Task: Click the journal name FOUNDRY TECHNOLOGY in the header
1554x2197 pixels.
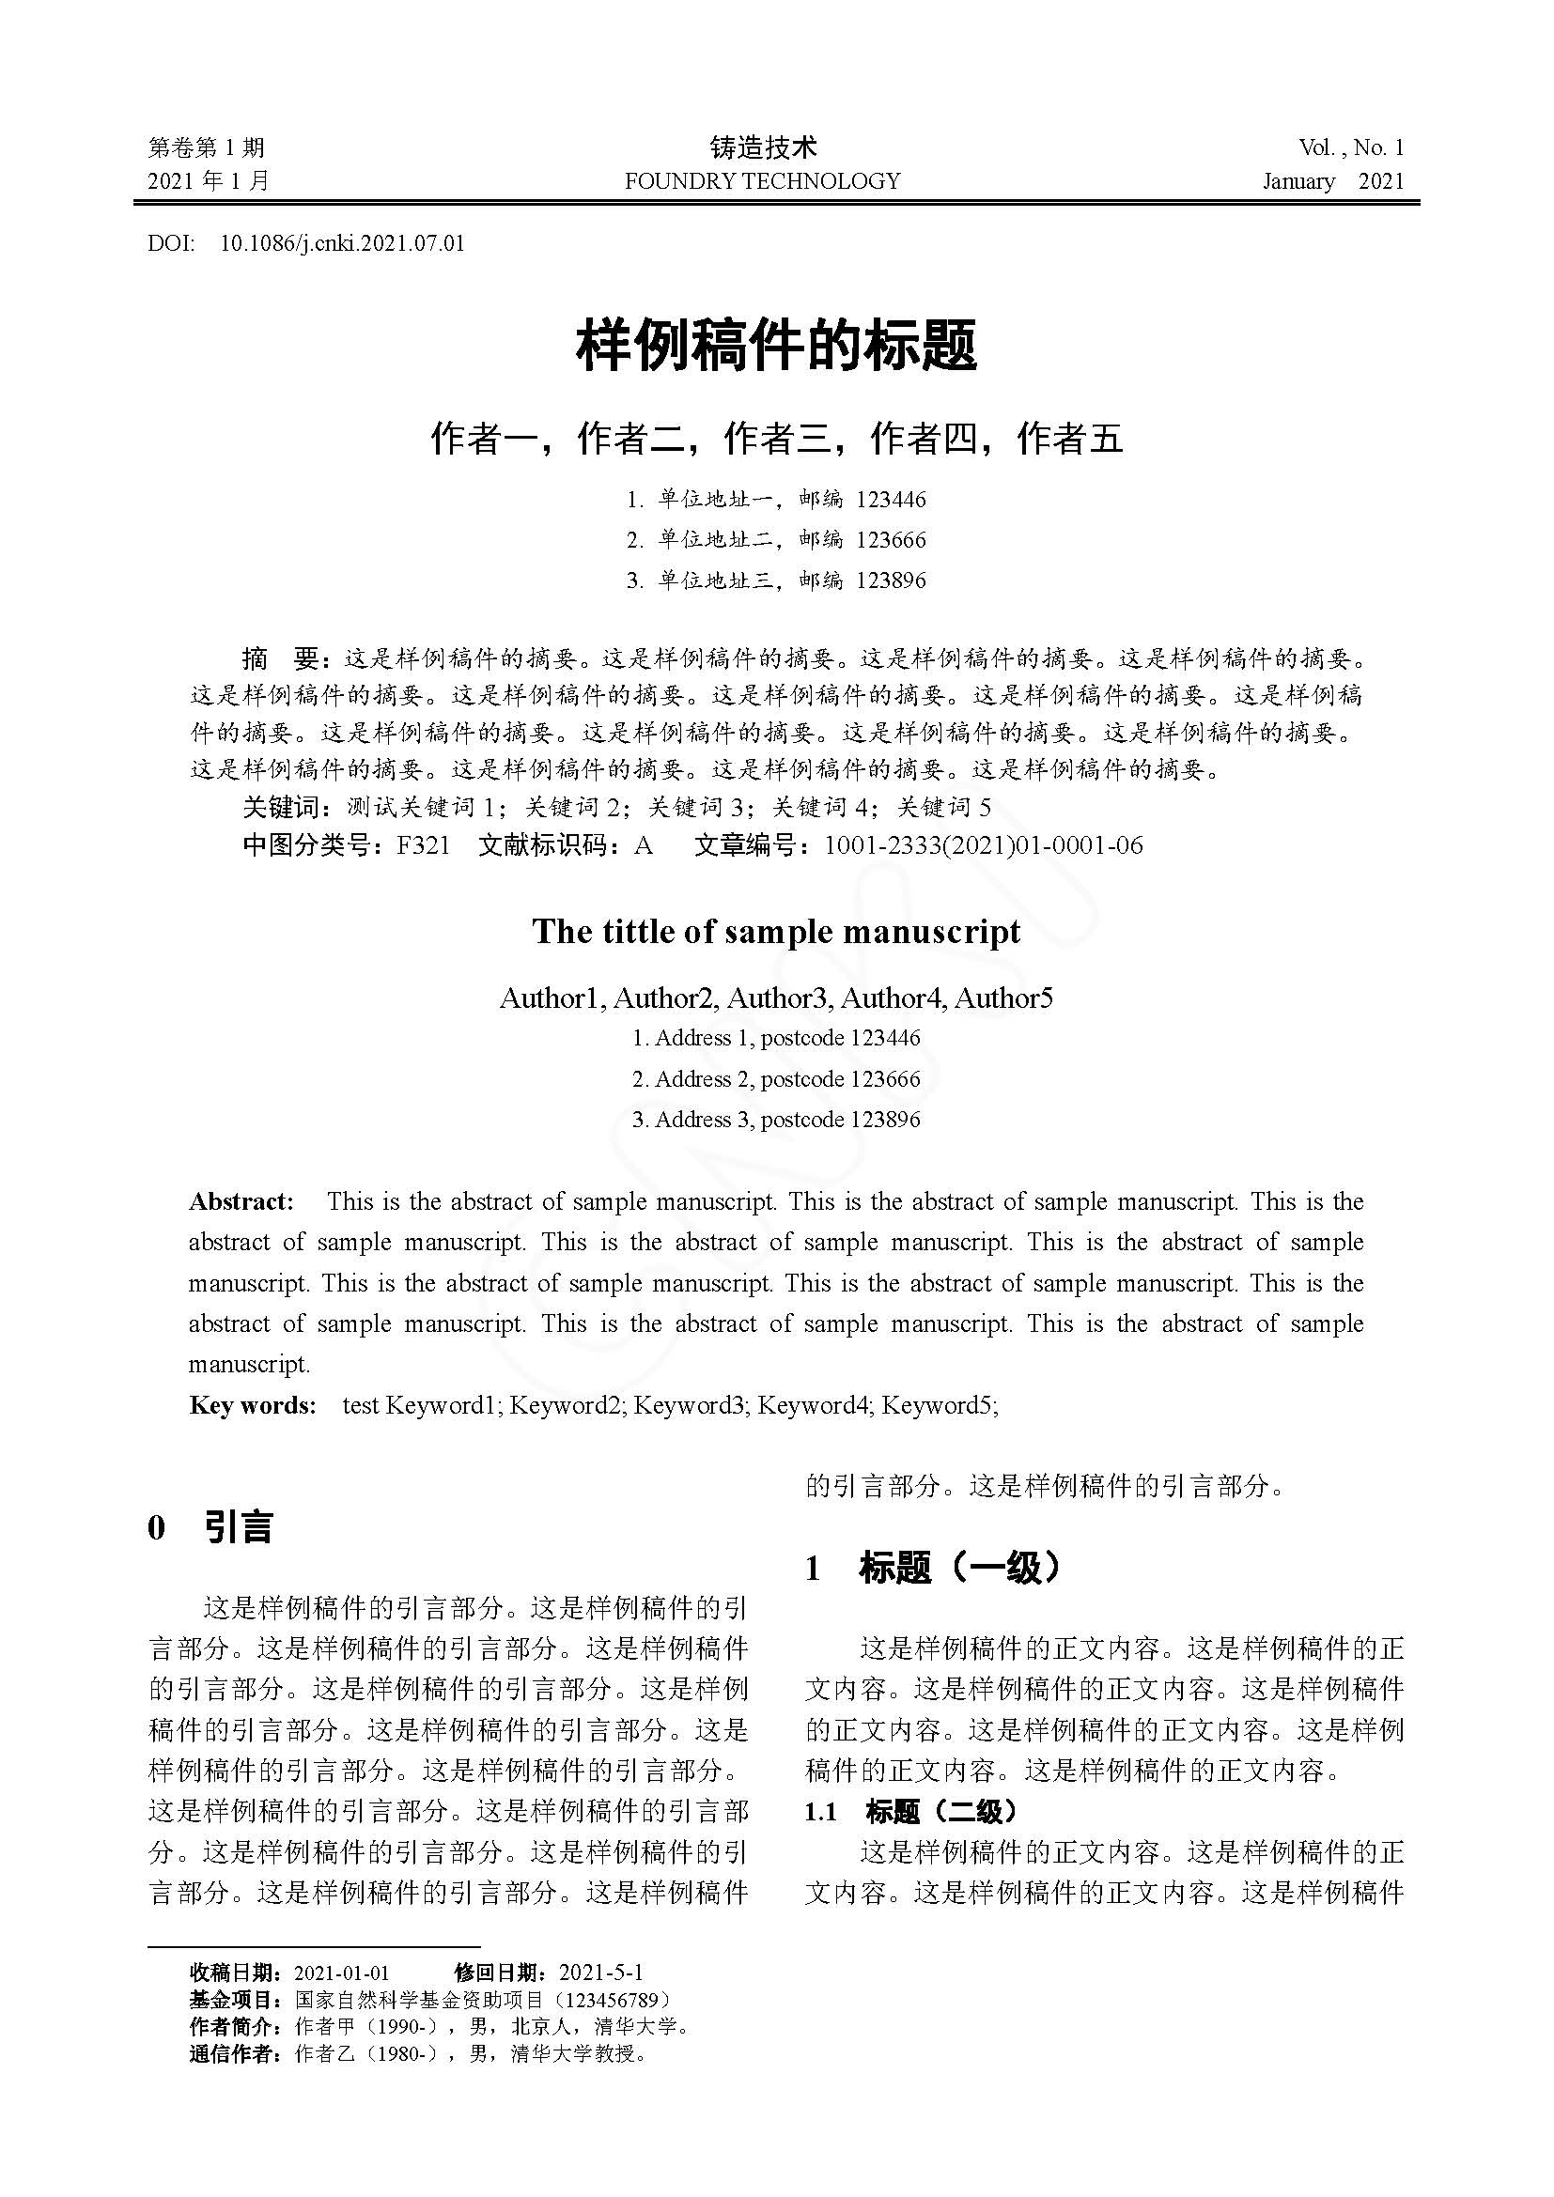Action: coord(762,181)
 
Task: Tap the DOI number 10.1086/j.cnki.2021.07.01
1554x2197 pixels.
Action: coord(343,243)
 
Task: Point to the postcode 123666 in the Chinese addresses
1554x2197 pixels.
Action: coord(891,540)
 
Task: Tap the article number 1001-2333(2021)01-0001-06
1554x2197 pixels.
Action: coord(983,845)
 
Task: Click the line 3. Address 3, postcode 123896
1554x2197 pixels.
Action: coord(776,1120)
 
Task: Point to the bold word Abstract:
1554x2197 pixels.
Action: coord(241,1201)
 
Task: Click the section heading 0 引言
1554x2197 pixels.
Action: coord(210,1527)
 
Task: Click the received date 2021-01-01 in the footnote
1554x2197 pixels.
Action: coord(342,1973)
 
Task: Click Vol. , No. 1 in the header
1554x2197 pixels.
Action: coord(1350,147)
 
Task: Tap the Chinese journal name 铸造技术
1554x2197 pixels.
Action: coord(763,147)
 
